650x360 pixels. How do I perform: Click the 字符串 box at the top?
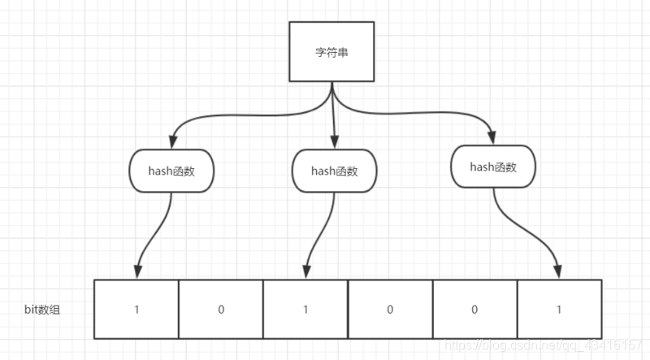pyautogui.click(x=331, y=51)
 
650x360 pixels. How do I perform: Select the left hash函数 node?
pyautogui.click(x=171, y=171)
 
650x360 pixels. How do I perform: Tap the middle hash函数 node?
pyautogui.click(x=334, y=171)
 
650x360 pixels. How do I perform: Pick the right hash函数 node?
pyautogui.click(x=493, y=167)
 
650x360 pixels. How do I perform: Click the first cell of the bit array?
pyautogui.click(x=136, y=310)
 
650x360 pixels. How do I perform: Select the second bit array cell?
pyautogui.click(x=220, y=310)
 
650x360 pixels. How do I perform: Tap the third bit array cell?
pyautogui.click(x=305, y=310)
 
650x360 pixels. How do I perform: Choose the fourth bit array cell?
pyautogui.click(x=389, y=310)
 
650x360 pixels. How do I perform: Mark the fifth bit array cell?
pyautogui.click(x=474, y=310)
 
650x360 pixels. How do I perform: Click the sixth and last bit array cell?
pyautogui.click(x=558, y=310)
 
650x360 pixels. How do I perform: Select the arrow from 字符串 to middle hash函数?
pyautogui.click(x=334, y=118)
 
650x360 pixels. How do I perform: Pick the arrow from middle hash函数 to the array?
pyautogui.click(x=318, y=236)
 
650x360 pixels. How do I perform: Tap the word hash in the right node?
pyautogui.click(x=482, y=167)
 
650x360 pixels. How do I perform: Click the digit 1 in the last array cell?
pyautogui.click(x=558, y=310)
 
